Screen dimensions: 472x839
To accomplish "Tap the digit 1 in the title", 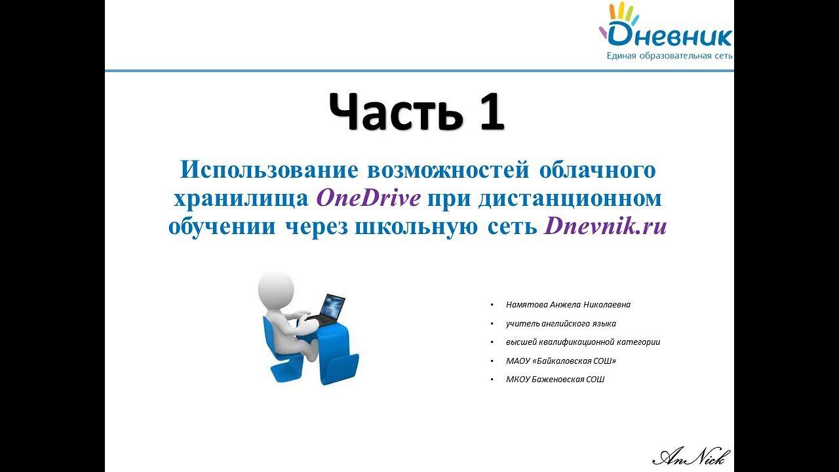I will click(x=488, y=111).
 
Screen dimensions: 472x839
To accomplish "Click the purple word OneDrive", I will click(x=368, y=197).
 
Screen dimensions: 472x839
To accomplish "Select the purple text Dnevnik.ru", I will click(x=605, y=226).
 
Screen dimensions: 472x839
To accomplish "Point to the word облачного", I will click(x=596, y=169).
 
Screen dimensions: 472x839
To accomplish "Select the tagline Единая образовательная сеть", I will click(x=669, y=56).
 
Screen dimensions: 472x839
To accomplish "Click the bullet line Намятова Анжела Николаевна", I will click(x=568, y=305).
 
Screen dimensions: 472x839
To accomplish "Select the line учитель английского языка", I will click(x=560, y=324).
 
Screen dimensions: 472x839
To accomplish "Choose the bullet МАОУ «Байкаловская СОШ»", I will click(x=560, y=361).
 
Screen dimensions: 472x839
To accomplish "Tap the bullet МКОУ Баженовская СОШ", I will click(x=555, y=380).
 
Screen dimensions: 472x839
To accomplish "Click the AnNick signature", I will click(x=692, y=456).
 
